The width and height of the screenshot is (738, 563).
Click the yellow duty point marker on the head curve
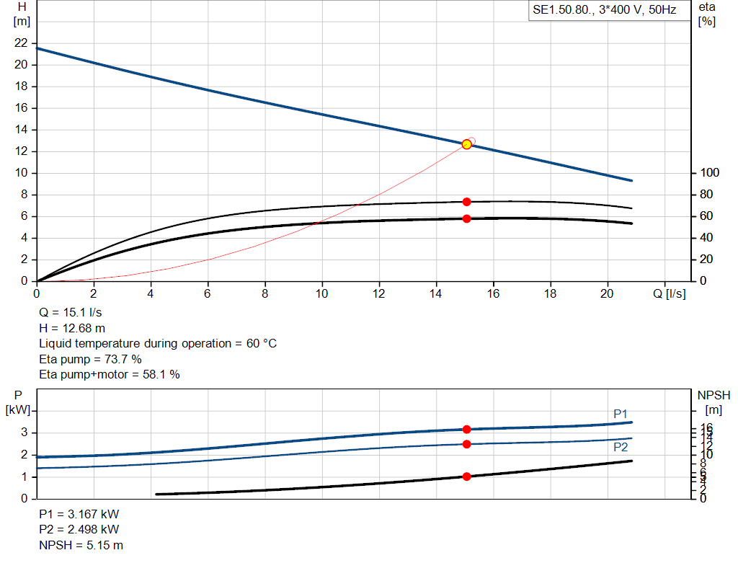(466, 144)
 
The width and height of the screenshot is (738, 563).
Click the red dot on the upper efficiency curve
(466, 202)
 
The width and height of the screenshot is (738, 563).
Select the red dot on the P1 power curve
(466, 430)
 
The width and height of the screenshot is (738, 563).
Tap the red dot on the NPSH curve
(466, 476)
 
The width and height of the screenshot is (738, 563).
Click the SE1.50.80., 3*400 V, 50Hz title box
(604, 11)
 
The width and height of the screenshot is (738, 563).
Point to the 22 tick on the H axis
(21, 43)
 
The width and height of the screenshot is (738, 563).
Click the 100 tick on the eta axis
(709, 173)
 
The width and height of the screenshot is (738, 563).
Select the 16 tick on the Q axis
(493, 293)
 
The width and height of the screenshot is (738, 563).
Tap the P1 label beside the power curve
(621, 414)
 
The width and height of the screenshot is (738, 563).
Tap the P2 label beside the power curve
(621, 447)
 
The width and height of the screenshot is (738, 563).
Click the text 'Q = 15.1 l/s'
(71, 313)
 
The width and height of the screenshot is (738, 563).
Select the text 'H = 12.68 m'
(72, 328)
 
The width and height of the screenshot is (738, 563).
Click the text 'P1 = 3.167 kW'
(79, 515)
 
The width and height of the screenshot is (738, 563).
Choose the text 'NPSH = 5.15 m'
(81, 545)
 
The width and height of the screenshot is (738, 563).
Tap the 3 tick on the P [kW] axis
(24, 433)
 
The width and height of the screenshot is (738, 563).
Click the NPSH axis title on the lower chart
(713, 395)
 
